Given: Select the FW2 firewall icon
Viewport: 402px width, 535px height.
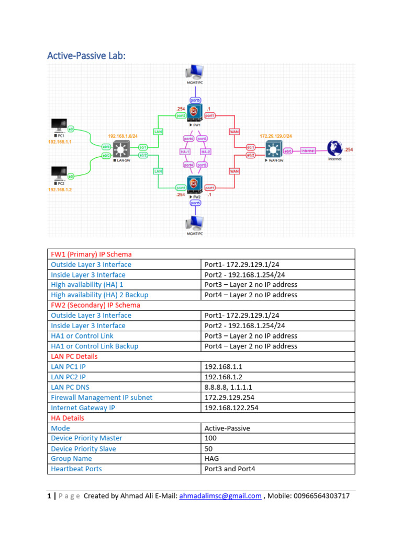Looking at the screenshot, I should (x=194, y=184).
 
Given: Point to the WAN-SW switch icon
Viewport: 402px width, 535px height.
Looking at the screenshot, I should (x=273, y=150).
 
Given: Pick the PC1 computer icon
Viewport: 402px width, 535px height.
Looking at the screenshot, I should (x=59, y=126).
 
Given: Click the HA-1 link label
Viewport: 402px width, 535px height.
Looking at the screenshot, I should (x=184, y=152).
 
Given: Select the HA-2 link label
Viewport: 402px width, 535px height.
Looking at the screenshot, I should (x=205, y=152).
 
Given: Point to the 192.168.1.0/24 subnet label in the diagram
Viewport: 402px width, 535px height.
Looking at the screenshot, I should (x=122, y=136).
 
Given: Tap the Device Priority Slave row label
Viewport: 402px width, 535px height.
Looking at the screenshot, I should (x=83, y=448).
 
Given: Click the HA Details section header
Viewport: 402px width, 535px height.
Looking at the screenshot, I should (x=67, y=418).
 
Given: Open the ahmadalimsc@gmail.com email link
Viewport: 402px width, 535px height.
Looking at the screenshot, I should (x=220, y=496).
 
